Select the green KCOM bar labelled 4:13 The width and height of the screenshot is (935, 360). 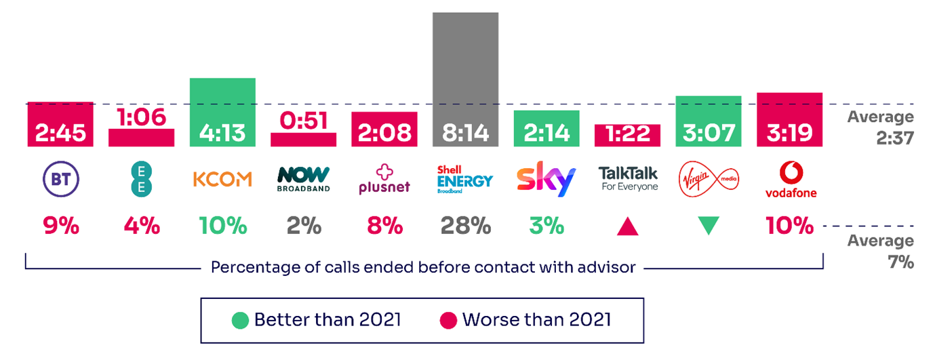(222, 112)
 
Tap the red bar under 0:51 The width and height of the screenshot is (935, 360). (303, 139)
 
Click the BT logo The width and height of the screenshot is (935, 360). (60, 179)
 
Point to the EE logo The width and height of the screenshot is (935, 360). (141, 179)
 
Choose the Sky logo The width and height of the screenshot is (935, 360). (546, 179)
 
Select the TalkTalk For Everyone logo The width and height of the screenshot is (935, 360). (629, 179)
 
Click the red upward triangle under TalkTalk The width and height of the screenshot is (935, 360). (628, 226)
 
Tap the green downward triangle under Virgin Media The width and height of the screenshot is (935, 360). (708, 226)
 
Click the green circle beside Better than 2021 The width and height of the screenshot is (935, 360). (240, 319)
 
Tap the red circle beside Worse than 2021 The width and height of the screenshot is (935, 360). (448, 319)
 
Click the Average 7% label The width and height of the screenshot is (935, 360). (880, 251)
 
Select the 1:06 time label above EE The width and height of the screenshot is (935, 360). (141, 118)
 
